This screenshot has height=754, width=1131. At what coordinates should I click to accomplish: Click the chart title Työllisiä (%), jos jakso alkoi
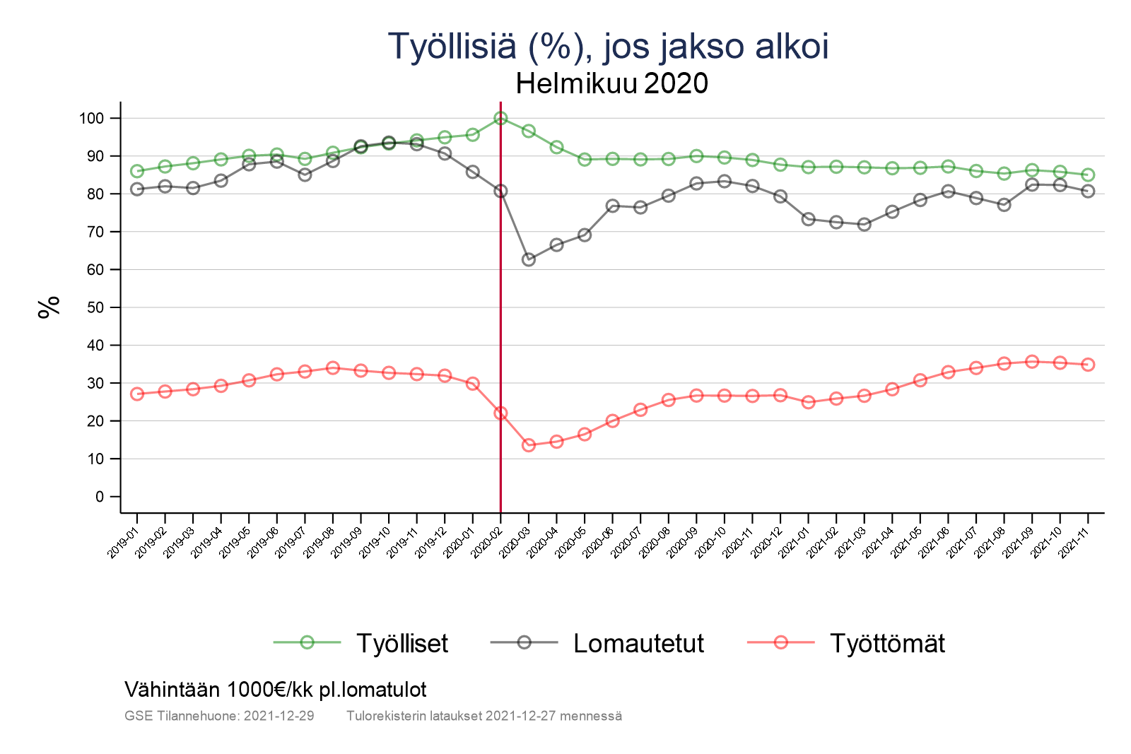click(608, 47)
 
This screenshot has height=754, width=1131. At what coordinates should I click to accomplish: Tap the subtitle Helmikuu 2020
click(611, 84)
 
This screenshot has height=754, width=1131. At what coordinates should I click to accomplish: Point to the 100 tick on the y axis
click(91, 119)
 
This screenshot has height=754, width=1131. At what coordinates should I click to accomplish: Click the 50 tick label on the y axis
click(95, 308)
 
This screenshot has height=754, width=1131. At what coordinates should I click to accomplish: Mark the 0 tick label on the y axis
click(99, 497)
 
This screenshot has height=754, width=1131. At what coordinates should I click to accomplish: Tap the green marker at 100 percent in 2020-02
click(500, 118)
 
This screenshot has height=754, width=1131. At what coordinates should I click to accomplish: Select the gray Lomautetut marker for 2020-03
click(528, 260)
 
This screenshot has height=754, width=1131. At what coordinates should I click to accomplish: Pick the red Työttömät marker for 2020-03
click(528, 445)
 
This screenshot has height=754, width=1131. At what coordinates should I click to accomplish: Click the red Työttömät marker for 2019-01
click(137, 394)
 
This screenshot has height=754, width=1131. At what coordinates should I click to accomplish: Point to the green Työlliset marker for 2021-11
click(1088, 175)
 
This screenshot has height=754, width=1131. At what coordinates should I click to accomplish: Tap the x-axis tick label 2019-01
click(124, 543)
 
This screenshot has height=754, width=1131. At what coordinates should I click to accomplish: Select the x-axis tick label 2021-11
click(1074, 543)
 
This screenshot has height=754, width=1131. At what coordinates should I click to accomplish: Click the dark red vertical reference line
click(500, 318)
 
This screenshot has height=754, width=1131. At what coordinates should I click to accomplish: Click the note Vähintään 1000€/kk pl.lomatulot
click(275, 690)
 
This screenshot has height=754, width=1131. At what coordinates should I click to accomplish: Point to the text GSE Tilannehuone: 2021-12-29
click(219, 716)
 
